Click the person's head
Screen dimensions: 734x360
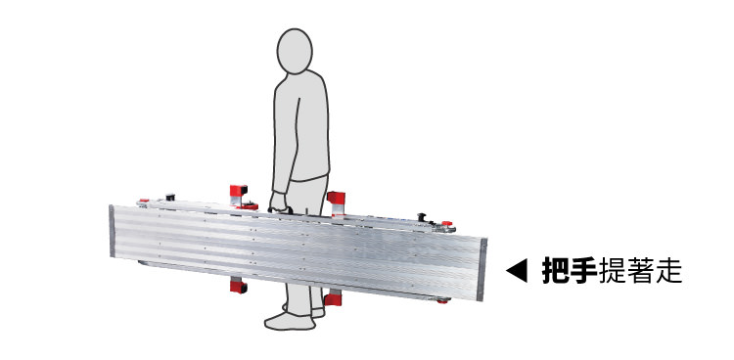(295, 51)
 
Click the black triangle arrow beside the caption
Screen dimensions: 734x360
(517, 271)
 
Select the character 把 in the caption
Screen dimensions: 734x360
(556, 271)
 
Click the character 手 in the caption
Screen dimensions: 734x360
(583, 271)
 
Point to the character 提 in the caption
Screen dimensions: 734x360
(612, 271)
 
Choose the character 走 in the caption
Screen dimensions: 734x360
(668, 271)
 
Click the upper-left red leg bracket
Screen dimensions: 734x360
(241, 197)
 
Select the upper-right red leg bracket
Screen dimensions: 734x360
(336, 201)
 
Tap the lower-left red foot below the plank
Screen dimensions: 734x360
(238, 286)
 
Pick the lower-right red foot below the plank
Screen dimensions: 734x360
(333, 298)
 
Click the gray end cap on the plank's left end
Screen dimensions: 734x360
(112, 231)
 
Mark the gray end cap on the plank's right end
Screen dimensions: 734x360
(482, 269)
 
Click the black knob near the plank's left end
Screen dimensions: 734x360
(169, 197)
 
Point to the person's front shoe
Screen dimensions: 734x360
(291, 321)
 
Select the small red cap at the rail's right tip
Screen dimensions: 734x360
(447, 224)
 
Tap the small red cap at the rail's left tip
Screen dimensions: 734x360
(144, 201)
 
